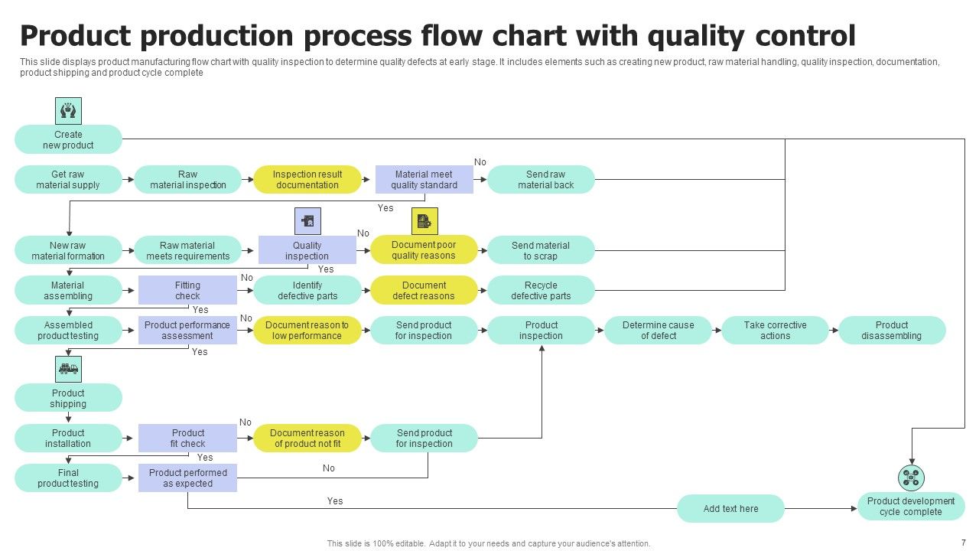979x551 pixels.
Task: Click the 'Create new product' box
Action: pyautogui.click(x=68, y=139)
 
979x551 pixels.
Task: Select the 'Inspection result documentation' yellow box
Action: pyautogui.click(x=307, y=179)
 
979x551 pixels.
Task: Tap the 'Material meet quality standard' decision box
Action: pyautogui.click(x=424, y=179)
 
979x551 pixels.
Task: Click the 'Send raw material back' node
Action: pyautogui.click(x=541, y=179)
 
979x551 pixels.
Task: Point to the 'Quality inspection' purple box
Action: pyautogui.click(x=307, y=250)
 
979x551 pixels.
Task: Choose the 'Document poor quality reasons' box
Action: pyautogui.click(x=424, y=250)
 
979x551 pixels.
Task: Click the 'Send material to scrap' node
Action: pyautogui.click(x=541, y=250)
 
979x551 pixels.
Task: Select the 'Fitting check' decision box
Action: pyautogui.click(x=187, y=290)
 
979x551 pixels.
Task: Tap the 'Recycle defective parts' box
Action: pyautogui.click(x=541, y=290)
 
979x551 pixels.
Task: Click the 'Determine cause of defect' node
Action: pyautogui.click(x=658, y=330)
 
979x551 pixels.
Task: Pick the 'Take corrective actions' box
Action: pyautogui.click(x=775, y=330)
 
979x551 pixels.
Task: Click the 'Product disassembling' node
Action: pyautogui.click(x=892, y=330)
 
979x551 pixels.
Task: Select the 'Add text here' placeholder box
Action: pyautogui.click(x=730, y=508)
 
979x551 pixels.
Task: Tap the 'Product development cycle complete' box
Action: pyautogui.click(x=911, y=506)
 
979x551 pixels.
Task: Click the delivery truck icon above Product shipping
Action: pyautogui.click(x=68, y=369)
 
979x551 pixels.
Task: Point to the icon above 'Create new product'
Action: pyautogui.click(x=68, y=111)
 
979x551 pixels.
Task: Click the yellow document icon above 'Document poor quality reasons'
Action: pyautogui.click(x=424, y=221)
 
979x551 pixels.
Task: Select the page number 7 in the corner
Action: pyautogui.click(x=963, y=541)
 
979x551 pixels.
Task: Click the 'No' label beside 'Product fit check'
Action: pyautogui.click(x=246, y=422)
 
